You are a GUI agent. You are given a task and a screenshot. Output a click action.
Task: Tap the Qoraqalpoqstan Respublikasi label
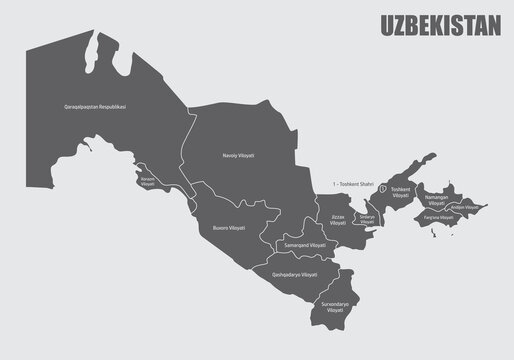pyautogui.click(x=101, y=107)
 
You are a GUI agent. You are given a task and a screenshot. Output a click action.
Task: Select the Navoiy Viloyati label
pyautogui.click(x=238, y=156)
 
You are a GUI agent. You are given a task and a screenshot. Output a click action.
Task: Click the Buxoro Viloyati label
pyautogui.click(x=228, y=228)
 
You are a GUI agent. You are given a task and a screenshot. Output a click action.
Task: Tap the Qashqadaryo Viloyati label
pyautogui.click(x=294, y=274)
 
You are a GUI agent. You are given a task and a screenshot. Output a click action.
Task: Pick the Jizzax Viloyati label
pyautogui.click(x=338, y=220)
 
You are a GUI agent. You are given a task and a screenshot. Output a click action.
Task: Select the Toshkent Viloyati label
pyautogui.click(x=400, y=192)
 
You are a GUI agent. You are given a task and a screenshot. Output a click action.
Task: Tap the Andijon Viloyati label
pyautogui.click(x=466, y=207)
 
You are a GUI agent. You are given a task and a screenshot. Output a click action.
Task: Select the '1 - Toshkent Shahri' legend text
pyautogui.click(x=359, y=184)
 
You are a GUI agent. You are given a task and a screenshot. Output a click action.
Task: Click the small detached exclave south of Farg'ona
pyautogui.click(x=434, y=233)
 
